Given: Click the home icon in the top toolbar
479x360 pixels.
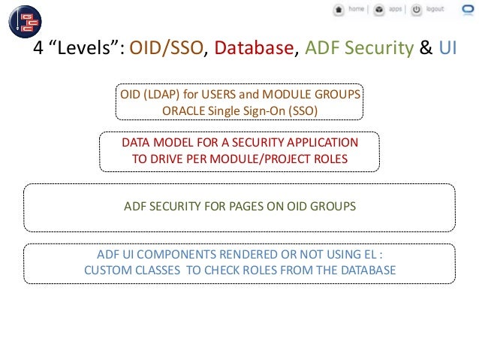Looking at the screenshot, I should tap(339, 10).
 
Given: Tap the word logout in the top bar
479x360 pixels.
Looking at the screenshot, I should tap(435, 10).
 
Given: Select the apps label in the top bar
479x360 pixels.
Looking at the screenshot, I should tap(395, 10).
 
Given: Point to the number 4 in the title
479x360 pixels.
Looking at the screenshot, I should tap(39, 50).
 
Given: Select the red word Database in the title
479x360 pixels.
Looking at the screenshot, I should tap(253, 50).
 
